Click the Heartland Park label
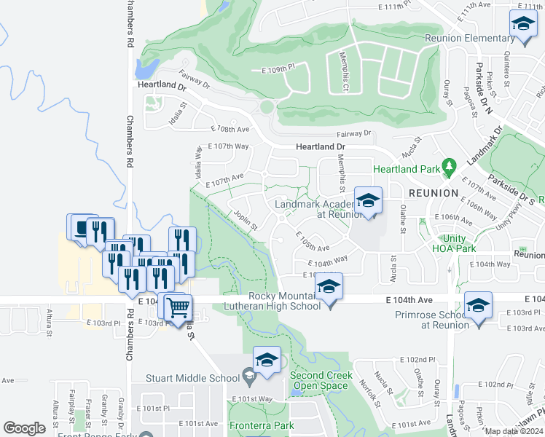tap(407, 169)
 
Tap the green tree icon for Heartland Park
tap(450, 168)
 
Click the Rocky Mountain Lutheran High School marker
tap(329, 287)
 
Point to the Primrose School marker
tap(478, 306)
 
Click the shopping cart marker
tap(177, 307)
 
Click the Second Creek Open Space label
tap(321, 380)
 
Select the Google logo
tap(24, 428)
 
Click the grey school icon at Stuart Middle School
tap(249, 377)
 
